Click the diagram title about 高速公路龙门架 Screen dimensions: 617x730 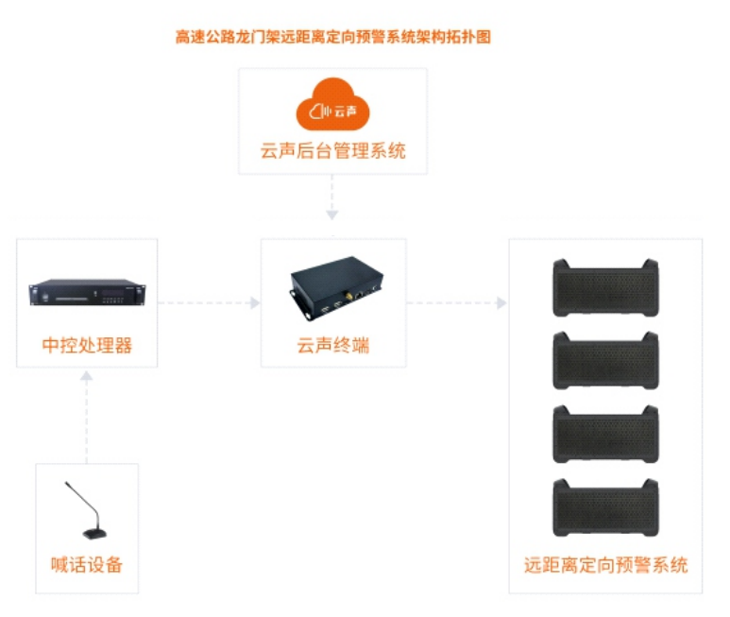click(332, 37)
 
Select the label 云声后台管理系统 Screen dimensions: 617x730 click(332, 150)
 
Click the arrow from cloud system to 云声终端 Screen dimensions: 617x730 click(332, 200)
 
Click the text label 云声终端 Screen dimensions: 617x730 click(332, 346)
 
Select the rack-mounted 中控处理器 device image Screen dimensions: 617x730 click(87, 294)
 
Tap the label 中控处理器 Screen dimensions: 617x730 click(87, 346)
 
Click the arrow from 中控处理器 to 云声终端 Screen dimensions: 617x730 click(208, 303)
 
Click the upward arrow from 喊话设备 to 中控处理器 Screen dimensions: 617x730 click(87, 416)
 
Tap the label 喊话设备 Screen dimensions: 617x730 click(87, 565)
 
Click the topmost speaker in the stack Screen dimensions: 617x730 click(605, 288)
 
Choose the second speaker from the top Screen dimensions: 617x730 click(605, 362)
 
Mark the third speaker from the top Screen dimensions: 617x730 click(605, 435)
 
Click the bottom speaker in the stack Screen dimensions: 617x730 click(605, 508)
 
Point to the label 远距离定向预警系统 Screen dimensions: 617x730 click(605, 566)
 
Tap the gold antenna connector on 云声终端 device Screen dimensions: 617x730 click(347, 295)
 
